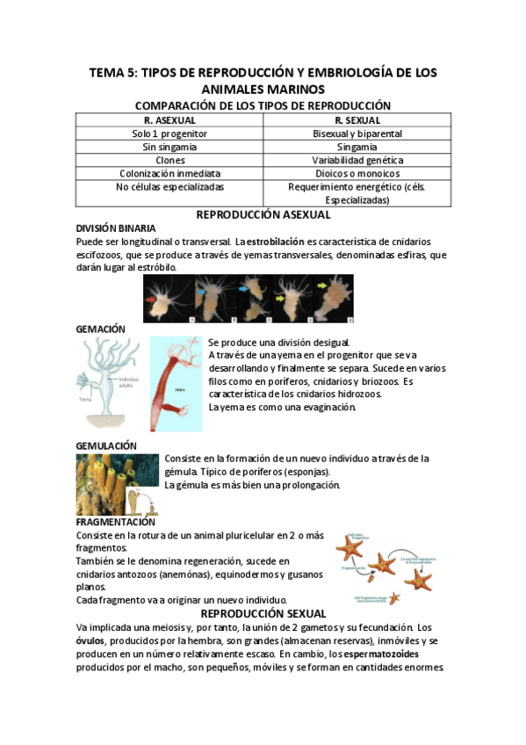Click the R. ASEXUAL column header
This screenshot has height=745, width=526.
[169, 119]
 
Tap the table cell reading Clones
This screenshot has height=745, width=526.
[169, 161]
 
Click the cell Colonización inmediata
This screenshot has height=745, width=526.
[169, 174]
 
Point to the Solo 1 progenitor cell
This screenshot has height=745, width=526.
[169, 134]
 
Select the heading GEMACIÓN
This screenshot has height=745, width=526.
[100, 329]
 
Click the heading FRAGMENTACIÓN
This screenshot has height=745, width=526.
[116, 522]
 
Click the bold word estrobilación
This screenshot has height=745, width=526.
[275, 241]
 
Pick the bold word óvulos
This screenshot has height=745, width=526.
[90, 641]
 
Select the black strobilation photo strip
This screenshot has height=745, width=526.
[248, 299]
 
